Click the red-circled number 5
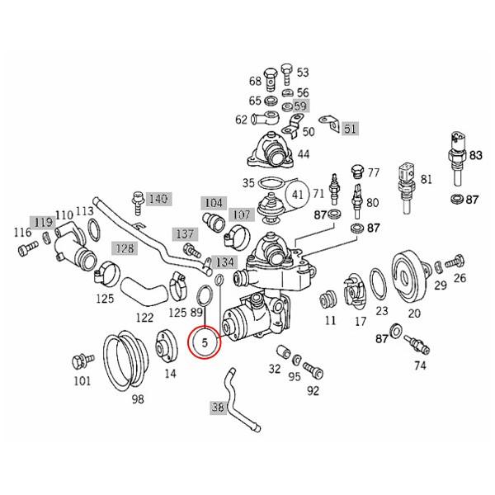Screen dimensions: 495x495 pyautogui.click(x=204, y=340)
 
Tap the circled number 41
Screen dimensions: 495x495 pyautogui.click(x=298, y=195)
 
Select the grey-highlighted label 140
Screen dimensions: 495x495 pyautogui.click(x=158, y=199)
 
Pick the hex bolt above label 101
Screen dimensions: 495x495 pyautogui.click(x=81, y=360)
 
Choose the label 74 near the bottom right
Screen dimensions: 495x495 pyautogui.click(x=420, y=365)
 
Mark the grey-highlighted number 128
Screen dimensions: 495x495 pyautogui.click(x=125, y=248)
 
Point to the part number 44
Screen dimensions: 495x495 pyautogui.click(x=304, y=154)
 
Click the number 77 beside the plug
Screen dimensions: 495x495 pyautogui.click(x=373, y=173)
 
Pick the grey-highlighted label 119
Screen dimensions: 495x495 pyautogui.click(x=42, y=222)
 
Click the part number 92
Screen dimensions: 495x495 pyautogui.click(x=313, y=391)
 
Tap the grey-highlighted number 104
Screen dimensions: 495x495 pyautogui.click(x=214, y=202)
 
